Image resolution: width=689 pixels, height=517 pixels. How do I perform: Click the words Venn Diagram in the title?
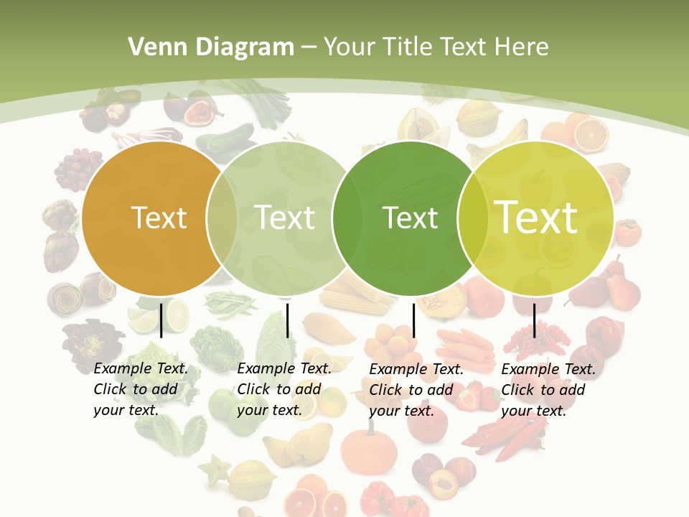[211, 47]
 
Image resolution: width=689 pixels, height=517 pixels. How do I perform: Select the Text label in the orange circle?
[159, 218]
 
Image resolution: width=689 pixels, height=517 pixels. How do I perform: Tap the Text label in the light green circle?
[285, 218]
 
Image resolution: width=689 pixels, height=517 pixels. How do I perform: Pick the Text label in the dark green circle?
[410, 218]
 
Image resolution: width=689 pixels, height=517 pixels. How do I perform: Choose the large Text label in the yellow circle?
[536, 218]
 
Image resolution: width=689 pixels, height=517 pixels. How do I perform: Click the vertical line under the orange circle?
[161, 320]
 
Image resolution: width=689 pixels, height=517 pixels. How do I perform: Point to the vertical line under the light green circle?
[287, 320]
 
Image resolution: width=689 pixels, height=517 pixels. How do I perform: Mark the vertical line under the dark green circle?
[413, 320]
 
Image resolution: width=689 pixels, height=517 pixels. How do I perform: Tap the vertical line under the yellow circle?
[534, 320]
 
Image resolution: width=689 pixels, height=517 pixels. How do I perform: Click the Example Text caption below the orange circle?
[140, 389]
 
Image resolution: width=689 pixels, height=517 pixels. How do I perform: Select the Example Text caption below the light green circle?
[283, 389]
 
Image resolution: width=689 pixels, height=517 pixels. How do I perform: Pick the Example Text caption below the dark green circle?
[416, 390]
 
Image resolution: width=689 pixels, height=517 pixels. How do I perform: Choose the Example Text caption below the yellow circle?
[548, 390]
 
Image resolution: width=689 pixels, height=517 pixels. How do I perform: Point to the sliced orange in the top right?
[590, 133]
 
